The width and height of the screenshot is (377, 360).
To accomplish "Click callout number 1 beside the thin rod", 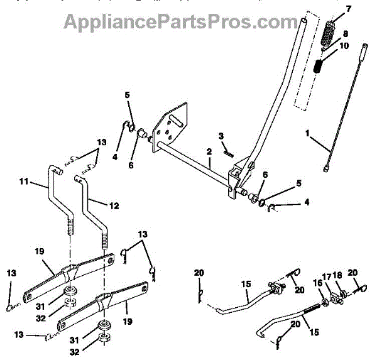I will coord(308,134).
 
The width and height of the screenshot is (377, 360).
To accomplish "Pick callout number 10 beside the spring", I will coord(344,46).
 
